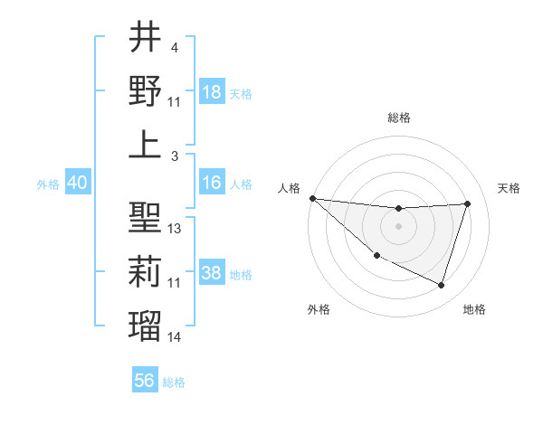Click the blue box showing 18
tap(212, 92)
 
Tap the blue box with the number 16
tap(212, 183)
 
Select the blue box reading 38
tap(212, 273)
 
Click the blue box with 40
tap(77, 183)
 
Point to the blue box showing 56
tap(145, 381)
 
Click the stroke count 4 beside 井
tap(173, 48)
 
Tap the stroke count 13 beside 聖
tap(175, 229)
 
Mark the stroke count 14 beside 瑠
tap(175, 337)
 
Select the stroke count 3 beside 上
tap(173, 156)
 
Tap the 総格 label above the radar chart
tap(398, 118)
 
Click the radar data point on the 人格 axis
tap(312, 198)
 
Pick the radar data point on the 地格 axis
tap(441, 286)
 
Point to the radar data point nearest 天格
tap(467, 203)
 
